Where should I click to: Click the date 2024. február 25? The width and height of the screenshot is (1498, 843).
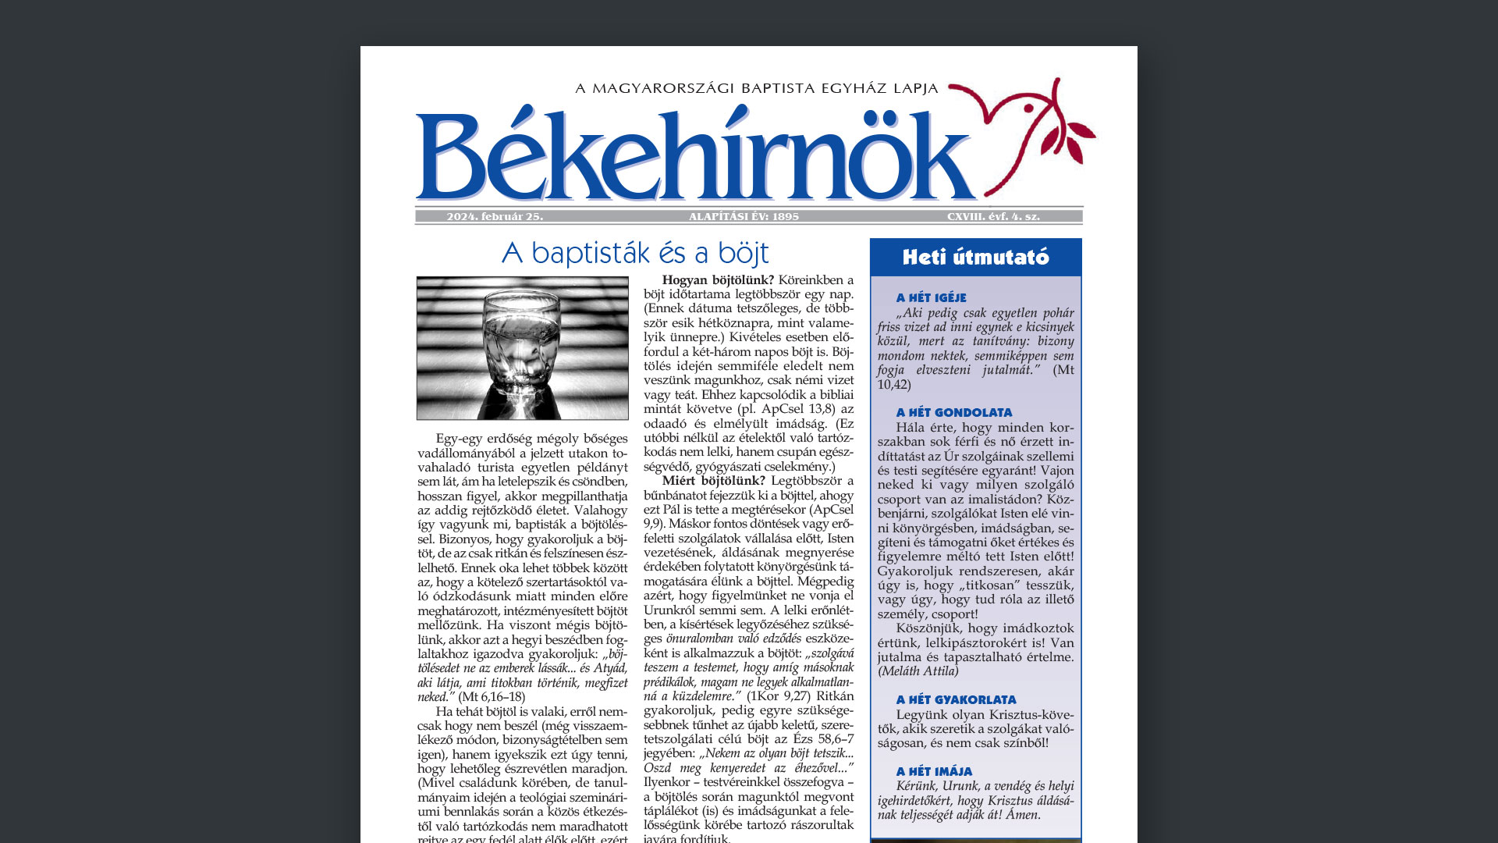click(495, 217)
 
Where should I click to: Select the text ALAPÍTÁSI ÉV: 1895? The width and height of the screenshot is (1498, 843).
click(744, 217)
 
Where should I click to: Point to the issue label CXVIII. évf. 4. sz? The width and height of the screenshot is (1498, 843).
click(993, 217)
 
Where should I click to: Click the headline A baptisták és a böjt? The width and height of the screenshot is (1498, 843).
click(635, 253)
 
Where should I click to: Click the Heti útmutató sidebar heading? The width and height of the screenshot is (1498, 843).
click(975, 258)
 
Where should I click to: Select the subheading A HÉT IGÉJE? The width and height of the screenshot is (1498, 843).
click(931, 298)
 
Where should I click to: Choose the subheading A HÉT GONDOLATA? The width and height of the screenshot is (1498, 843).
click(953, 413)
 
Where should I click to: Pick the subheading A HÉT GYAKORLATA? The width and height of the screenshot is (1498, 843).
click(956, 700)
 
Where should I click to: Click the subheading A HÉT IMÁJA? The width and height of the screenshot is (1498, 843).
click(934, 772)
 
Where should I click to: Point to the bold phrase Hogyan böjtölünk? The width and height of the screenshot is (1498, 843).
click(718, 280)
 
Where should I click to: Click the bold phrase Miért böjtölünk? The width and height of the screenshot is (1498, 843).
click(713, 481)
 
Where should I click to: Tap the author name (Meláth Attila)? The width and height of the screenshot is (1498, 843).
click(918, 671)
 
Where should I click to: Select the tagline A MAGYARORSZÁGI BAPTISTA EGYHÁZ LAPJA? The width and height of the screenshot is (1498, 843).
click(756, 89)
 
